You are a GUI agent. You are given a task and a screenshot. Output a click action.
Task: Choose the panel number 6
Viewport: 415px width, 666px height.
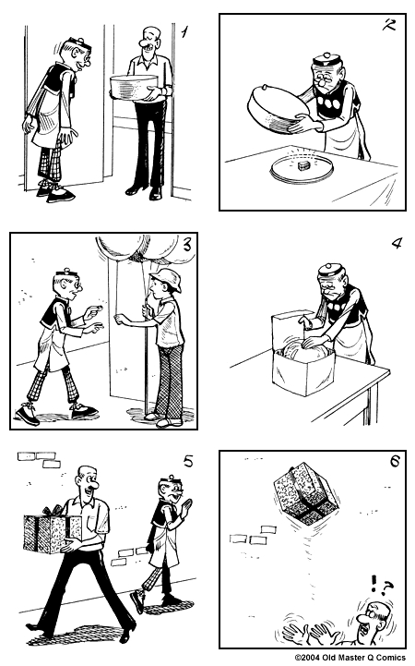(x=394, y=461)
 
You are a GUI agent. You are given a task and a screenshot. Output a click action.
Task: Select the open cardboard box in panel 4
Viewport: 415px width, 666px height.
(x=301, y=353)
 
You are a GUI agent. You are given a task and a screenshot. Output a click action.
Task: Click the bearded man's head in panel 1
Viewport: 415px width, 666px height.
(x=148, y=42)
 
